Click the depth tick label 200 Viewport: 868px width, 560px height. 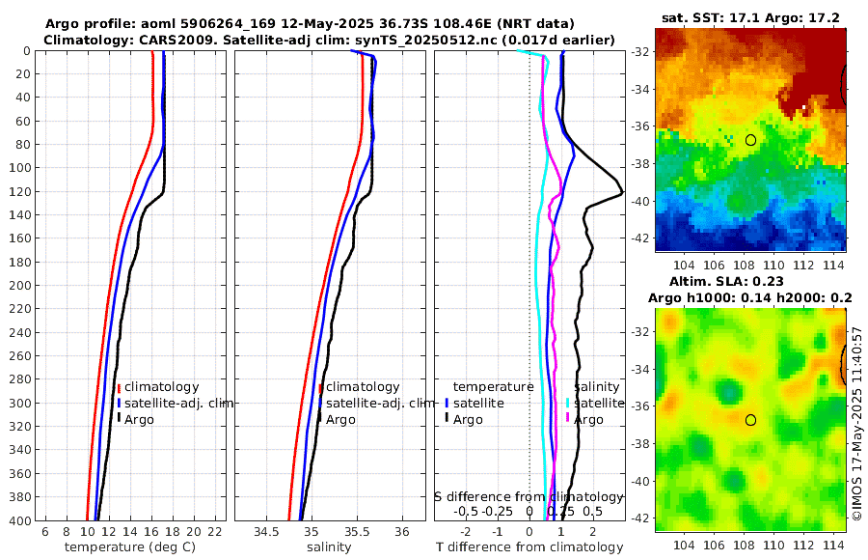coord(18,285)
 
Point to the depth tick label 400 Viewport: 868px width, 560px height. coord(18,520)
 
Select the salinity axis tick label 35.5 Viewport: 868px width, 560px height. coord(357,532)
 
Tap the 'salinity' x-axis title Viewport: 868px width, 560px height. coord(329,547)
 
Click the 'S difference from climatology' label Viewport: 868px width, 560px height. coord(529,495)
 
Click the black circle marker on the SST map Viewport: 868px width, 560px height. coord(750,140)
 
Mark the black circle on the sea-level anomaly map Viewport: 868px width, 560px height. coord(750,420)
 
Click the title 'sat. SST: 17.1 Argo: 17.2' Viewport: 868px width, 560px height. coord(749,18)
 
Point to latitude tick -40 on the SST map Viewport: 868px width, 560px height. coord(638,201)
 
